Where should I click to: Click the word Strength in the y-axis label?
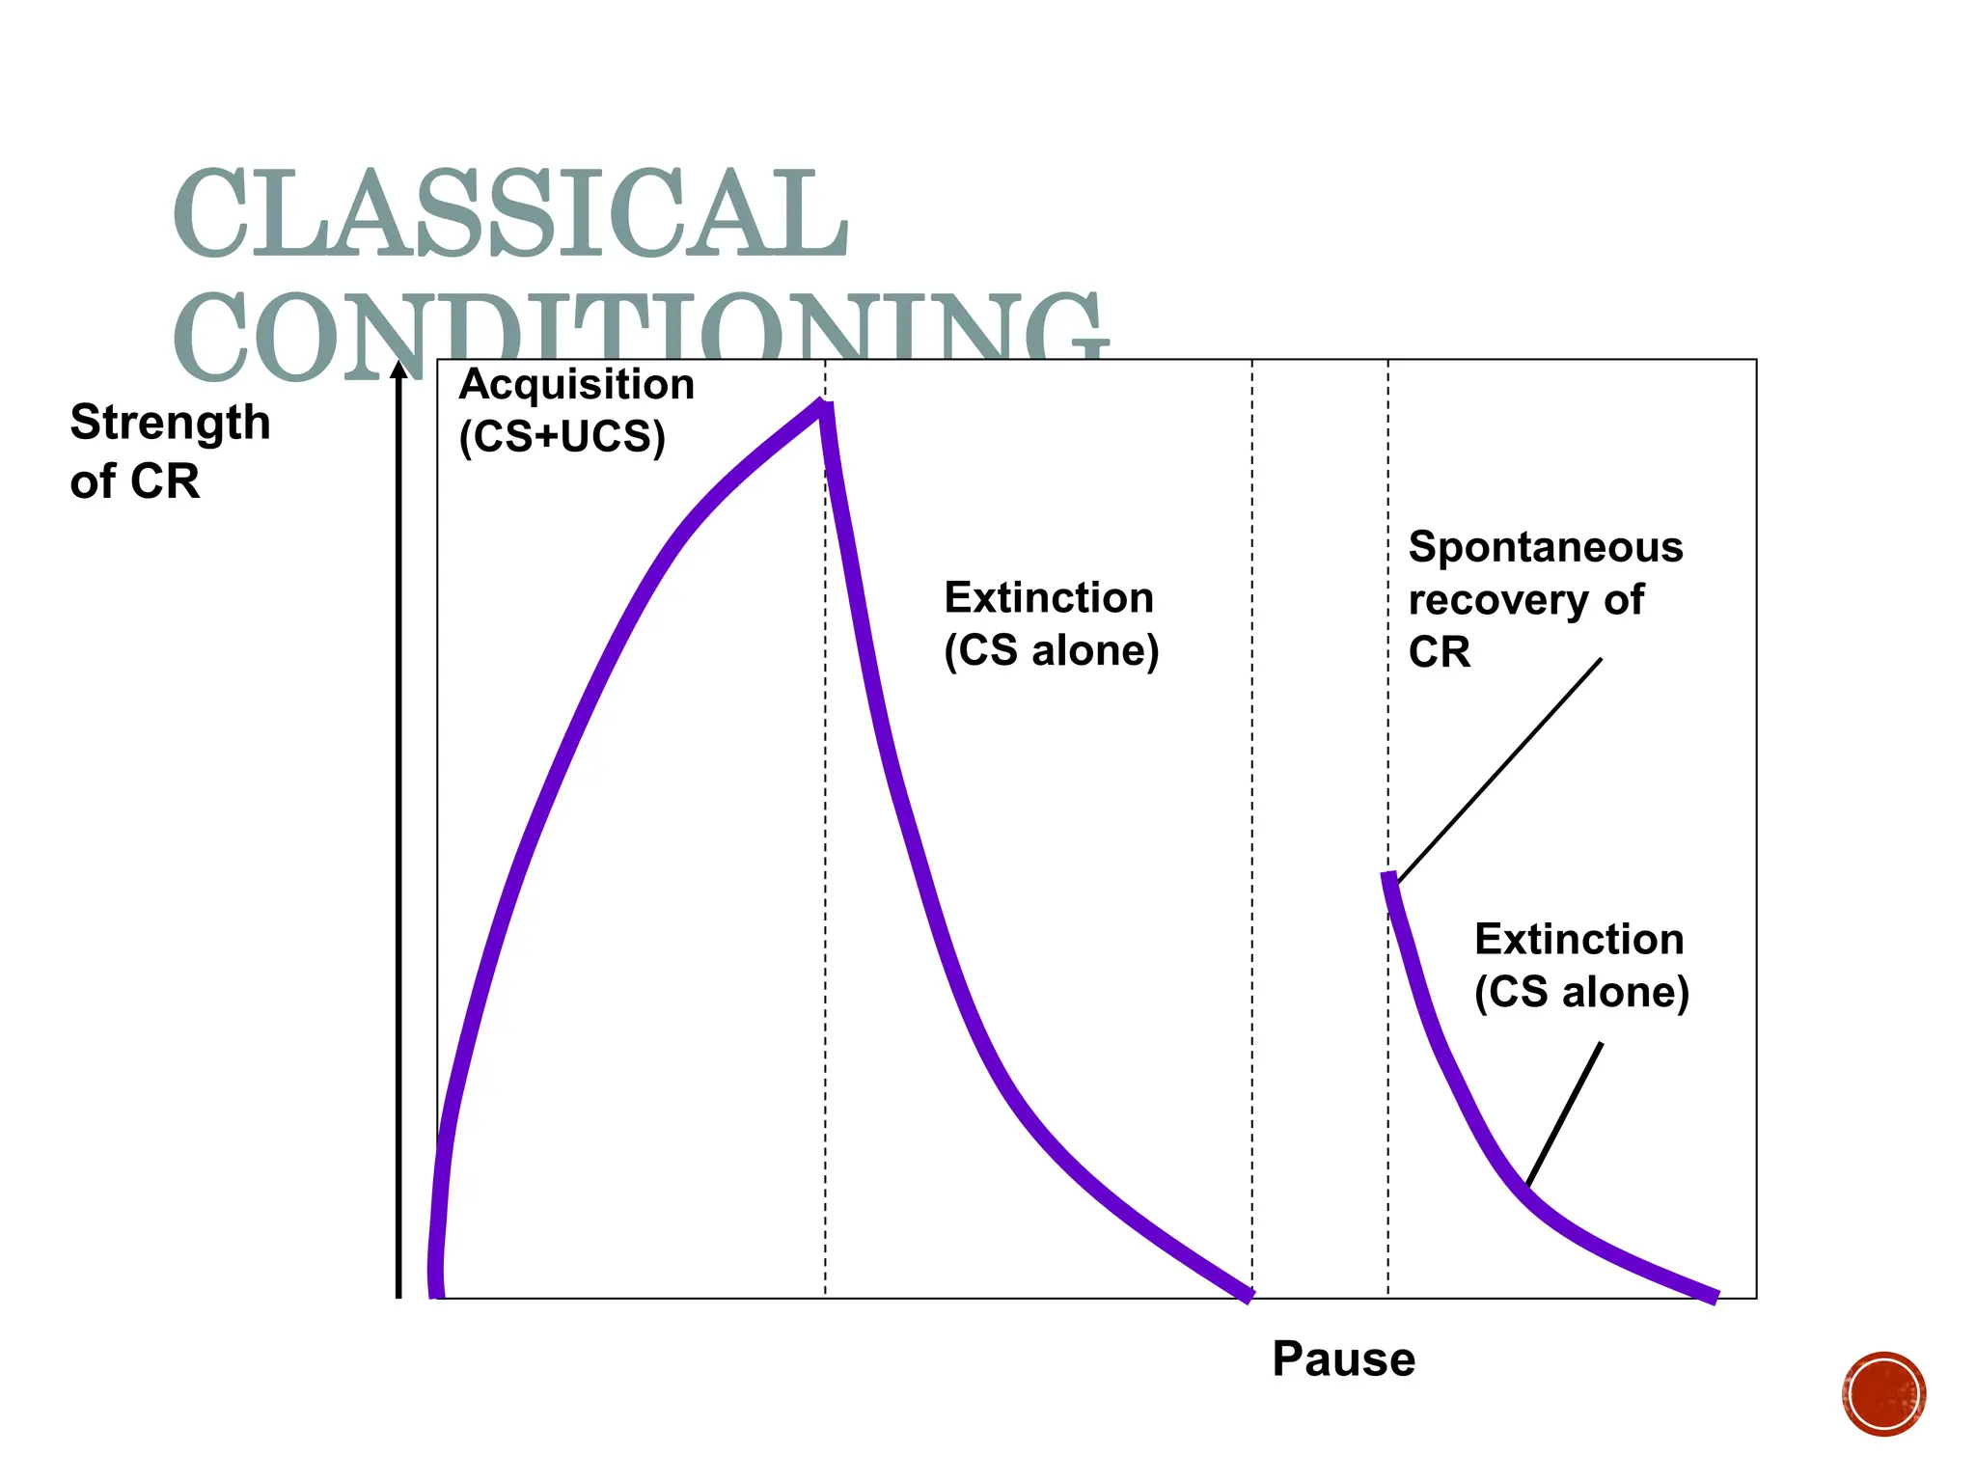click(170, 423)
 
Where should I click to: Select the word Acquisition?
click(576, 384)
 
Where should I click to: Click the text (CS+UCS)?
click(563, 436)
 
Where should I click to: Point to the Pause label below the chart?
click(1343, 1358)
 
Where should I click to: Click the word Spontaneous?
click(1546, 547)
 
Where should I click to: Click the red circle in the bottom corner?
click(1883, 1394)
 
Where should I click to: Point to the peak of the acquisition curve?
click(823, 405)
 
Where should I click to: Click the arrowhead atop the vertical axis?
click(398, 370)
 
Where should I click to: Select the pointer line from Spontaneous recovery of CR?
click(1499, 770)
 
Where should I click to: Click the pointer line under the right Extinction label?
click(1564, 1114)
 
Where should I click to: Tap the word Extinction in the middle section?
click(1049, 597)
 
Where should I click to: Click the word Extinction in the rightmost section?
click(1578, 939)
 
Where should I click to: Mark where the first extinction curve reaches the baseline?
click(1249, 1296)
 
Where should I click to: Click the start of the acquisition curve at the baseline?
click(436, 1293)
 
